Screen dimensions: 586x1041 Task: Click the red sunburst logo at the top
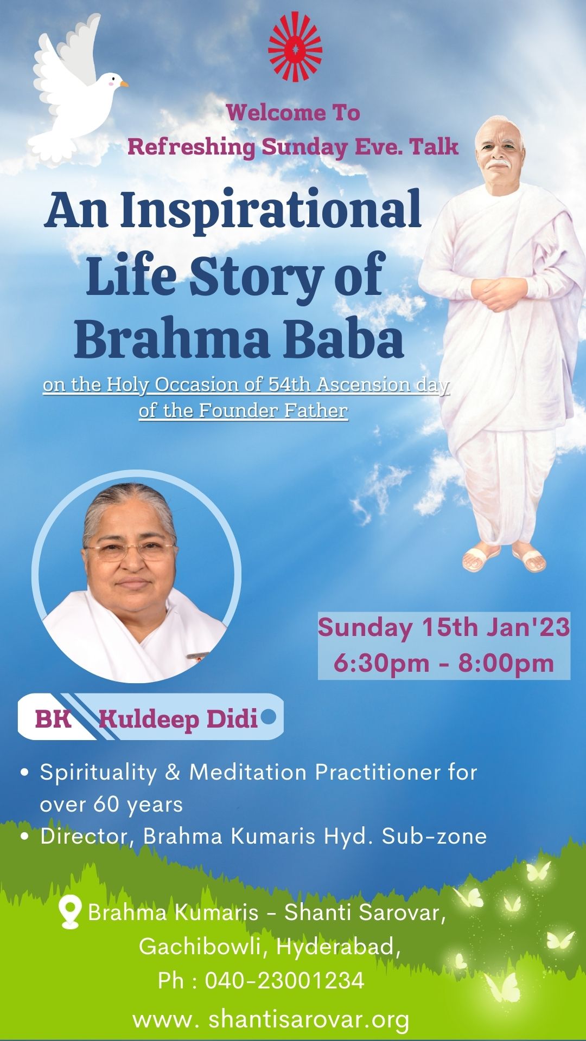(x=295, y=47)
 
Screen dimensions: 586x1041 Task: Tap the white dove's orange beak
(x=124, y=84)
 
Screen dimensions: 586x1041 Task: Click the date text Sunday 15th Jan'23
(x=444, y=627)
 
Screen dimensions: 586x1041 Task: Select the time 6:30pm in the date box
(x=381, y=663)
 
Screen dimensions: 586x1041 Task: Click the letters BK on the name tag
(x=53, y=719)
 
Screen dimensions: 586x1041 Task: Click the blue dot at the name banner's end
(x=268, y=717)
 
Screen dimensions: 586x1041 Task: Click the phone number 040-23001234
(x=284, y=980)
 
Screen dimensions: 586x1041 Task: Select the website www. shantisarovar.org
(x=271, y=1019)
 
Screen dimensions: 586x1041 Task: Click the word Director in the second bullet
(x=87, y=836)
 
